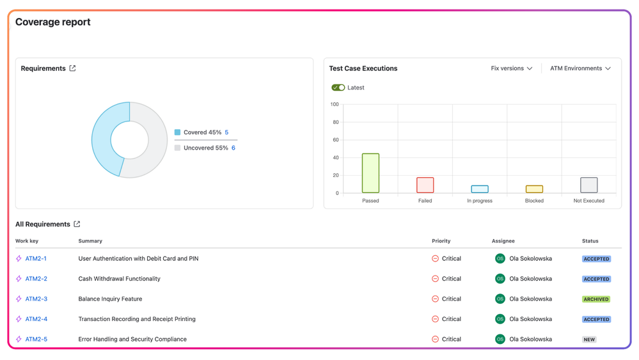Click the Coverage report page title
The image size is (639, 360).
pyautogui.click(x=53, y=22)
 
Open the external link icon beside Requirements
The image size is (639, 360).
pyautogui.click(x=72, y=68)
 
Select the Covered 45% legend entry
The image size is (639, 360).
pyautogui.click(x=201, y=132)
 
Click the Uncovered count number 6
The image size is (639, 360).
pyautogui.click(x=233, y=148)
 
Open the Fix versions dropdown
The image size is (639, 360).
pyautogui.click(x=511, y=68)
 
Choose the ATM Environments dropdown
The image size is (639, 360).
pyautogui.click(x=580, y=68)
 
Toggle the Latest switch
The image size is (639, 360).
pyautogui.click(x=338, y=88)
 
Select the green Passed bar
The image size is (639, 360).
pyautogui.click(x=370, y=173)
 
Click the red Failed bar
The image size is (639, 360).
pyautogui.click(x=425, y=185)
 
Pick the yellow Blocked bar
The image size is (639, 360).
pyautogui.click(x=534, y=189)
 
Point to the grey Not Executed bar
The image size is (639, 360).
pyautogui.click(x=588, y=185)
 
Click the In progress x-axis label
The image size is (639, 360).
pyautogui.click(x=480, y=201)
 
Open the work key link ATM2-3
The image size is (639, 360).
pyautogui.click(x=36, y=299)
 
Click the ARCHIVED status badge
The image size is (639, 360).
pyautogui.click(x=596, y=299)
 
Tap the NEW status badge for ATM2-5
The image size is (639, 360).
pyautogui.click(x=589, y=340)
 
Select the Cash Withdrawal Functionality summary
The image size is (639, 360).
pyautogui.click(x=119, y=279)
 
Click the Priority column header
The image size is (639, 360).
pyautogui.click(x=441, y=241)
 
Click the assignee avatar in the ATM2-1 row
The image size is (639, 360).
pyautogui.click(x=500, y=259)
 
